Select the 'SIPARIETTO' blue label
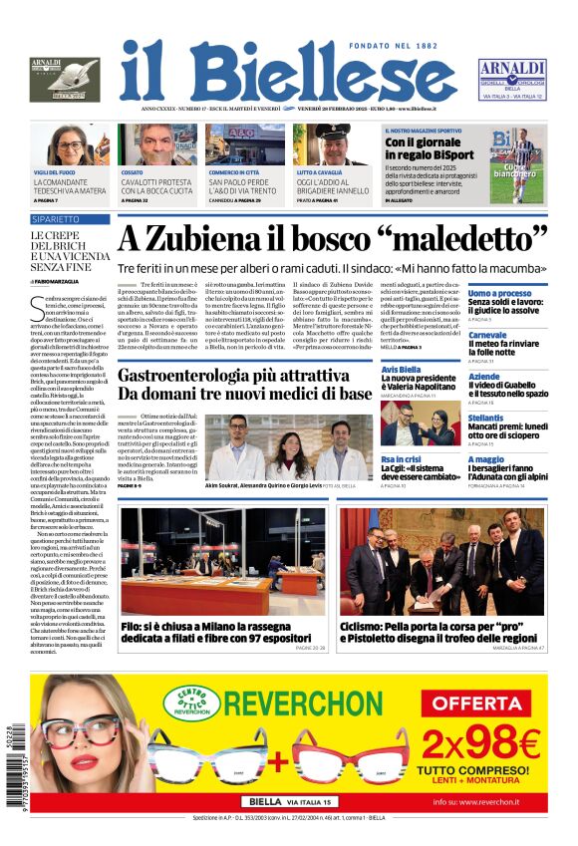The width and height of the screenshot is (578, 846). pos(56,218)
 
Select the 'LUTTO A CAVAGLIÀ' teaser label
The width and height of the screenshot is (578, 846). pos(322,172)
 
